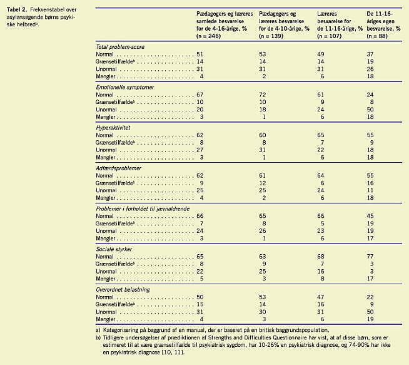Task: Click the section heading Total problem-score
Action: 120,47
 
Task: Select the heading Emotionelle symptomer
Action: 124,88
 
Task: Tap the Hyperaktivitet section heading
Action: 113,128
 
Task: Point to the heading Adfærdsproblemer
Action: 118,168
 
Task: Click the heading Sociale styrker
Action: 114,249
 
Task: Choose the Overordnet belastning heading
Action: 123,290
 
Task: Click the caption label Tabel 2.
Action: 17,9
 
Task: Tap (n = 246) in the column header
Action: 208,36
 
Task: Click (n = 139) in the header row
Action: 271,36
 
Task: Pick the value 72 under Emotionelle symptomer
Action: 263,95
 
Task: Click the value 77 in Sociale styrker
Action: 370,257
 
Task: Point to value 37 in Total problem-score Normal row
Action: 370,54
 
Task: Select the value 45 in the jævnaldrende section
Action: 370,216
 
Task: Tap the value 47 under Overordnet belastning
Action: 321,297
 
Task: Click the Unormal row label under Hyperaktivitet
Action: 106,150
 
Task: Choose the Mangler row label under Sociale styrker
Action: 106,279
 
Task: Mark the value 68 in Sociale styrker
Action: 321,257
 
